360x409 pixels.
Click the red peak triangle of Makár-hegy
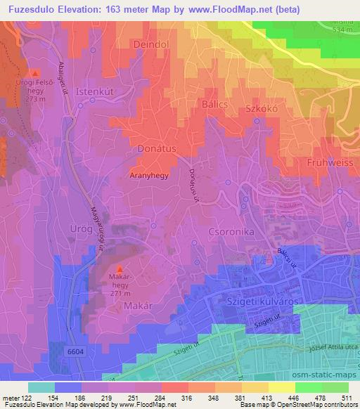pos(119,270)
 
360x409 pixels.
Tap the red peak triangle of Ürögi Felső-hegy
pos(35,72)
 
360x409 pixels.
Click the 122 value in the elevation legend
pos(28,398)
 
